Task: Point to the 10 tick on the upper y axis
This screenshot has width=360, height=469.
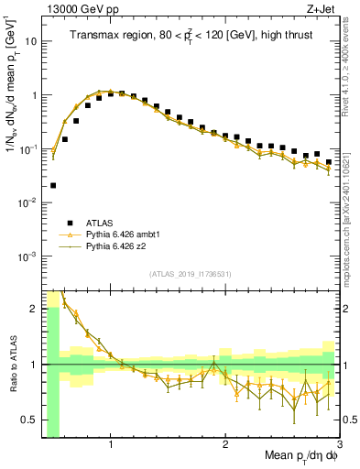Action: point(31,41)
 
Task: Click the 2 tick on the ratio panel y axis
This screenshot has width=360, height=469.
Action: point(34,309)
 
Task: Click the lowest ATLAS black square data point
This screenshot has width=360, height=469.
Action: point(53,185)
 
